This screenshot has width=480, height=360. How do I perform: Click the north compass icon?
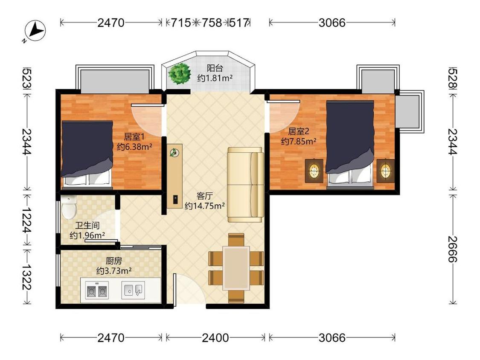[35, 31]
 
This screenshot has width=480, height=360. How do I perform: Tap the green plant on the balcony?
[179, 73]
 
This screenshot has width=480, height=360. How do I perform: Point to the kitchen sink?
[133, 290]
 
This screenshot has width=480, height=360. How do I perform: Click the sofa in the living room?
[245, 184]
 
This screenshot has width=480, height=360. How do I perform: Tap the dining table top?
[236, 268]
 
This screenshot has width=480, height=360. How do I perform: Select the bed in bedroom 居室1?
[87, 154]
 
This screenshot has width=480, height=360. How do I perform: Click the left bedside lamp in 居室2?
[314, 171]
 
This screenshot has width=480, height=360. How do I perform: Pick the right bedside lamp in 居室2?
[385, 171]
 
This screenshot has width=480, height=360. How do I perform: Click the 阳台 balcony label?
[215, 68]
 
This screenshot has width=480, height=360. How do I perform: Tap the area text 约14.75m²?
[205, 206]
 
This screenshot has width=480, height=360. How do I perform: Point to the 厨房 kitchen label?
[114, 261]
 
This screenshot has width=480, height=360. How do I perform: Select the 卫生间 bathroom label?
[87, 226]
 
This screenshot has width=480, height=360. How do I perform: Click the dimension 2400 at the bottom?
[215, 338]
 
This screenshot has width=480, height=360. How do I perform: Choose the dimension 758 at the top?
[212, 23]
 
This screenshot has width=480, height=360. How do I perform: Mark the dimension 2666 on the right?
[453, 249]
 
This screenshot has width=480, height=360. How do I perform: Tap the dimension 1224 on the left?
[27, 220]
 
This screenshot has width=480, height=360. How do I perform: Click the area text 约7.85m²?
[299, 142]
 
